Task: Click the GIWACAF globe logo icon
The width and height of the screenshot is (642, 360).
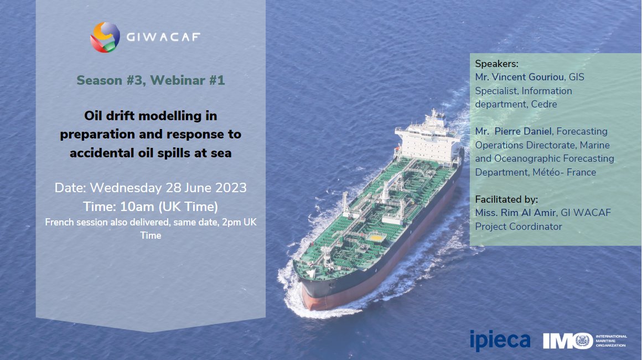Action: (105, 37)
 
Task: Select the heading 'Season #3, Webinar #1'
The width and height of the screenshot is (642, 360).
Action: (151, 80)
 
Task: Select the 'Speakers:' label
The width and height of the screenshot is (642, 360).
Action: (496, 64)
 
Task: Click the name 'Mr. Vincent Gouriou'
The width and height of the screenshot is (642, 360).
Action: (519, 77)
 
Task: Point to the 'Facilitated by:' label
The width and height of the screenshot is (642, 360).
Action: (506, 199)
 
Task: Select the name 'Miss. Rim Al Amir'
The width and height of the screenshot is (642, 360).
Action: (515, 213)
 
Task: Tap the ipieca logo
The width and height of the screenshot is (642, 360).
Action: (500, 340)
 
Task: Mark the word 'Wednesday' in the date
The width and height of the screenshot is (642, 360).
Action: (127, 188)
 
